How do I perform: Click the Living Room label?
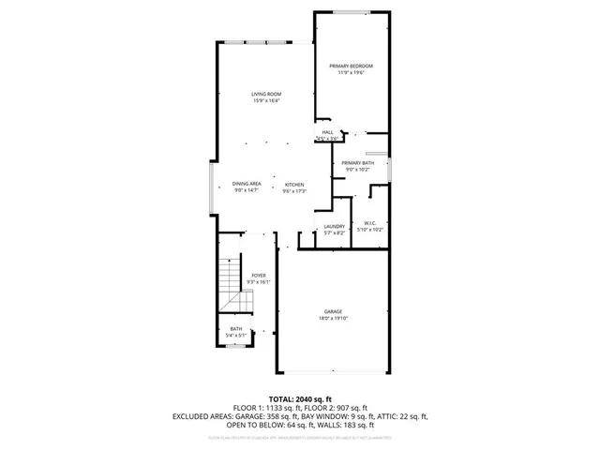266,95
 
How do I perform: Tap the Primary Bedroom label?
352,66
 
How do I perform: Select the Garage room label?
333,311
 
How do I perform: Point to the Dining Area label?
247,185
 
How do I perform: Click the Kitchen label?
294,185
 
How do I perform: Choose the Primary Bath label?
357,163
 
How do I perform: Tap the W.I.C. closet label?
370,223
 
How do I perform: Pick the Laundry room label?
335,226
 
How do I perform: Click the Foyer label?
258,275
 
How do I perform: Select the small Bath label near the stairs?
236,328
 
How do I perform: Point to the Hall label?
328,132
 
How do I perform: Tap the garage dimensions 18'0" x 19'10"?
333,318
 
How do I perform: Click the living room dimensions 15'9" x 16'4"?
266,101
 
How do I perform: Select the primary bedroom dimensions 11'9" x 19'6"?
352,72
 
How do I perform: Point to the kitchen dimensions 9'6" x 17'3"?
294,191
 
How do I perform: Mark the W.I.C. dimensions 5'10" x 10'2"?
370,230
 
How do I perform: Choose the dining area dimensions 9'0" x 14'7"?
247,191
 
